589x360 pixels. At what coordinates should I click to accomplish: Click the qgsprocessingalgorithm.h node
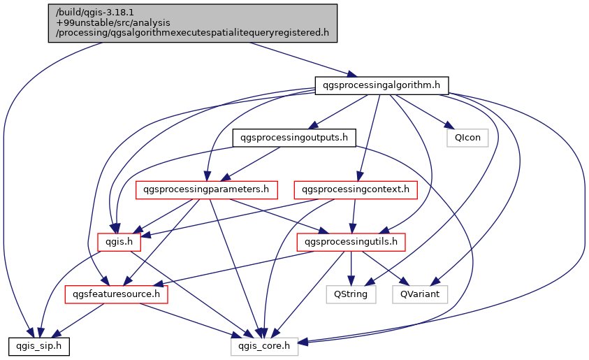pos(381,85)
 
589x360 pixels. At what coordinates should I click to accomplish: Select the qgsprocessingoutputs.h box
pos(293,137)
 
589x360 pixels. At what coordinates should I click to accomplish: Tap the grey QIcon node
pos(467,137)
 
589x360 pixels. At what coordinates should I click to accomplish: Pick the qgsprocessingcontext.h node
pos(356,189)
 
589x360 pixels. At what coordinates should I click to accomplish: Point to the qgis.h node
pos(119,242)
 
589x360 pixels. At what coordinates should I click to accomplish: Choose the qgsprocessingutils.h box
pos(351,242)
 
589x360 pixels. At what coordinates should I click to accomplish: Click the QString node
pos(351,294)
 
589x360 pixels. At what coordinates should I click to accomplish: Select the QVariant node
pos(419,294)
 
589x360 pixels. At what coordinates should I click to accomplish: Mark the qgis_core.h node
pos(265,346)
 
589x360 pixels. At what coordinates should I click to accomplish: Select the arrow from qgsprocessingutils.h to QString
pos(351,268)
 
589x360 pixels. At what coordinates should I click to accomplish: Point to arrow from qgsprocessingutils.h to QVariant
pos(385,268)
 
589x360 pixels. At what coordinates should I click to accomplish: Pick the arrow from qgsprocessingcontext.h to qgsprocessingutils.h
pos(354,215)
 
